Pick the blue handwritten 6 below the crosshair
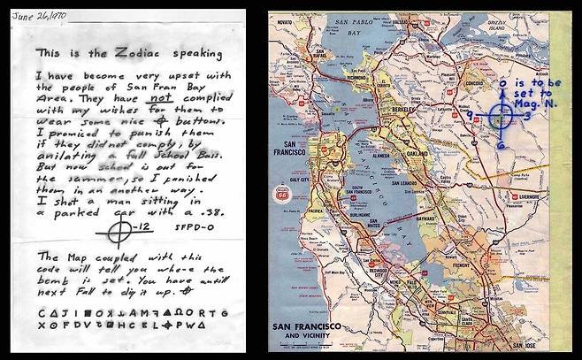[501, 145]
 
